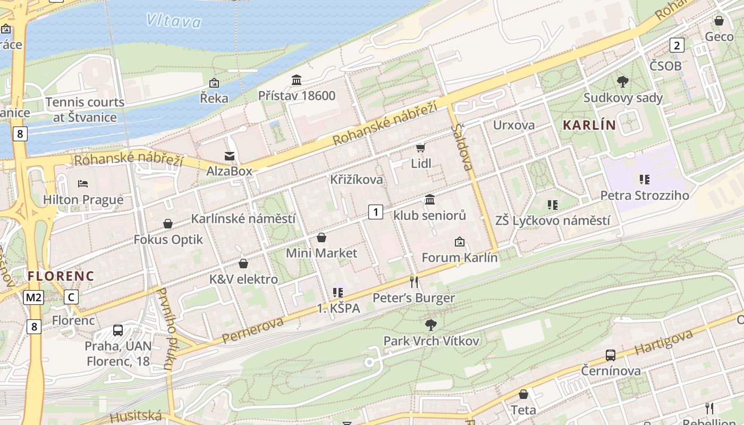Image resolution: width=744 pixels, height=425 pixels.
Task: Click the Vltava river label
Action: pos(174,21)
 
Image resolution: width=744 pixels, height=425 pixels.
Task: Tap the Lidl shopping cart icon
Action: pos(420,148)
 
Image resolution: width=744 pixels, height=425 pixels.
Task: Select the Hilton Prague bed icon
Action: pos(83,184)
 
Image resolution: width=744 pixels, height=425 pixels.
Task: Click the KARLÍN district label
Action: pos(589,126)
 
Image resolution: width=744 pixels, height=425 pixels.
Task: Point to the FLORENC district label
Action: pos(61,276)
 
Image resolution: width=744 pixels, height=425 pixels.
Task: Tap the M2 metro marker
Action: pos(33,297)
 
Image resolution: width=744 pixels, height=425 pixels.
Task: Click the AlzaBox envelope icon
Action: pos(230,156)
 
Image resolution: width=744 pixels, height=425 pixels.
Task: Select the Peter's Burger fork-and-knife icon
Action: pos(414,282)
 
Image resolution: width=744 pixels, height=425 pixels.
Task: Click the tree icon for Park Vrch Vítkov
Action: pos(431,324)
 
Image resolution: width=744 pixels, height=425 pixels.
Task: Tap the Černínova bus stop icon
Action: pos(611,355)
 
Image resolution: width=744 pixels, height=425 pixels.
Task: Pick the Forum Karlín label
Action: pos(459,258)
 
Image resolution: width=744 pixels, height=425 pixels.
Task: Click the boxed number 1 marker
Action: pos(376,212)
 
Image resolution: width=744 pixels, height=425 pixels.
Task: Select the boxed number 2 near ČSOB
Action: pos(677,45)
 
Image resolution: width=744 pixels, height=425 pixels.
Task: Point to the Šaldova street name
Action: pos(462,147)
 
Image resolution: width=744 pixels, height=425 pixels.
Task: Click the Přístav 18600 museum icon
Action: pos(297,80)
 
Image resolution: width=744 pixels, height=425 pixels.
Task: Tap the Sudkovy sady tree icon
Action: pos(623,82)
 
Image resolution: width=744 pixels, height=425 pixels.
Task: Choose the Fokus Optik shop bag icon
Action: pos(168,224)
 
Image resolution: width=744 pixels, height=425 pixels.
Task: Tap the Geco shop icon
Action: pos(719,21)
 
